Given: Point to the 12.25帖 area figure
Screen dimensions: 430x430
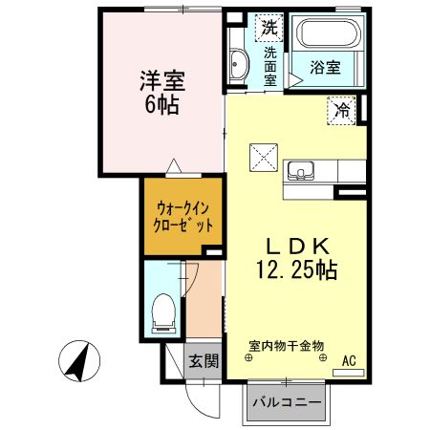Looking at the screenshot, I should click(293, 270).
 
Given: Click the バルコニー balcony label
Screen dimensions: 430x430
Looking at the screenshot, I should click(286, 402).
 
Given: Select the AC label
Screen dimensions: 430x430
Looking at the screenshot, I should click(350, 360).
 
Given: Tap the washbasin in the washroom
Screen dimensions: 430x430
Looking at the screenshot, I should click(238, 65).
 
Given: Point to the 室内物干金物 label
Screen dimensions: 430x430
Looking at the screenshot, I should click(287, 344).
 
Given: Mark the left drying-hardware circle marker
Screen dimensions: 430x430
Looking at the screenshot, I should click(249, 360).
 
